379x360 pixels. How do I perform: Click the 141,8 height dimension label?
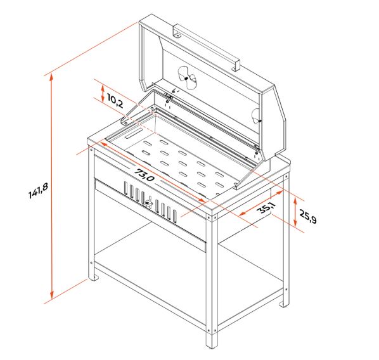[x=39, y=191]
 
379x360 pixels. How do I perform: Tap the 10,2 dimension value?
[x=115, y=101]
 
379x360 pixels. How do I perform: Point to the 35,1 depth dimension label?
[x=267, y=208]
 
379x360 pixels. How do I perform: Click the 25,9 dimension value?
[x=307, y=216]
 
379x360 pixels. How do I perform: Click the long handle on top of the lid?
[x=206, y=47]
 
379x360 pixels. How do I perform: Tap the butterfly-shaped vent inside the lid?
[x=188, y=78]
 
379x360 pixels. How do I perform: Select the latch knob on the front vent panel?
[x=147, y=203]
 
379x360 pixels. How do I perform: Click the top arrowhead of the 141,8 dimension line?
[x=51, y=77]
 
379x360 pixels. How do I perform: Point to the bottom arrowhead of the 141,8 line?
[x=51, y=295]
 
